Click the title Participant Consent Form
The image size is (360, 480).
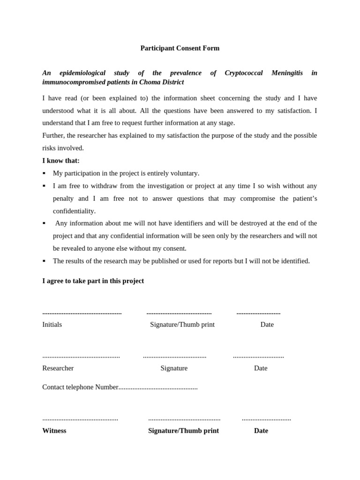[x=180, y=48]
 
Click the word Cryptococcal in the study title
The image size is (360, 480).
[x=243, y=73]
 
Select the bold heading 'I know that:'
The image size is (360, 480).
[x=61, y=161]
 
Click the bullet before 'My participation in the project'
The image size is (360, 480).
[x=44, y=173]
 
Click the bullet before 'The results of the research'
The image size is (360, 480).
[x=44, y=261]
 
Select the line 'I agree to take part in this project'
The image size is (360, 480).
[x=93, y=281]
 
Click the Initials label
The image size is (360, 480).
[x=52, y=325]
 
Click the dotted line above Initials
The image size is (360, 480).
[x=82, y=313]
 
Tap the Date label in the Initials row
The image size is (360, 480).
[x=267, y=325]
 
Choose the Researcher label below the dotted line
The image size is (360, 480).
[x=58, y=368]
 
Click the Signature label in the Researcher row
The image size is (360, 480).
[x=174, y=368]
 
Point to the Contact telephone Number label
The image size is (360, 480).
[x=80, y=387]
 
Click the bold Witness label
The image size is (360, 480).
[x=54, y=431]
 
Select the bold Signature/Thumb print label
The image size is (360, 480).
[x=183, y=431]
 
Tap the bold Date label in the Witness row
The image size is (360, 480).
[x=261, y=431]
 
